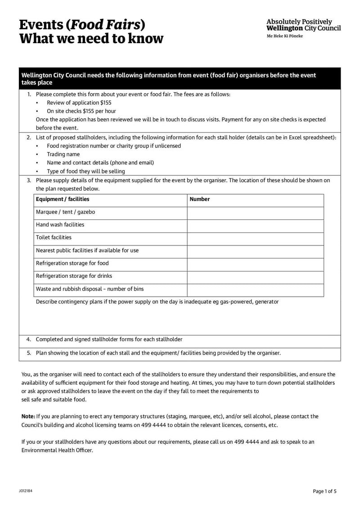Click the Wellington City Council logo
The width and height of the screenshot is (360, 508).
pos(303,27)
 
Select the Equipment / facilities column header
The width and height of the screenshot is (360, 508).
pos(63,199)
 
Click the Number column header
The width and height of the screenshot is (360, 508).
pos(200,199)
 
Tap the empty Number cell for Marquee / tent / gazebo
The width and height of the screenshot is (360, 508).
pos(255,212)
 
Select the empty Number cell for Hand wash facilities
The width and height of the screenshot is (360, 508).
pos(255,225)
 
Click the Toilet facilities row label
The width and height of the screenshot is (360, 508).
pos(54,237)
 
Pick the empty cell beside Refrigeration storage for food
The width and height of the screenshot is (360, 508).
pos(255,264)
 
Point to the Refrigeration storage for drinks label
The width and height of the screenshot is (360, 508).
pos(74,276)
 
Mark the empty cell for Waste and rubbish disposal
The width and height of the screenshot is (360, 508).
pos(255,290)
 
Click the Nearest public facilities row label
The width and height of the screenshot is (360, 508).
pos(87,250)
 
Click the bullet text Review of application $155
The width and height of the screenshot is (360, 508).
pos(79,102)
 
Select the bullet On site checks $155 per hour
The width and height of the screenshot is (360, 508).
pos(81,111)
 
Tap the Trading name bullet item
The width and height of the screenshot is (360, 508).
pos(63,154)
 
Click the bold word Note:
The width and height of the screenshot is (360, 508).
pos(28,416)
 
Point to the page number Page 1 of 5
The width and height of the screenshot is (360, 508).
pos(324,491)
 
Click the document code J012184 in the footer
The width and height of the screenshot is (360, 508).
pos(26,491)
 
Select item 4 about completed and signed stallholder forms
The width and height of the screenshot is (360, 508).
pos(109,339)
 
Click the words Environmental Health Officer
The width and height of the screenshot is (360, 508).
pos(57,450)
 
